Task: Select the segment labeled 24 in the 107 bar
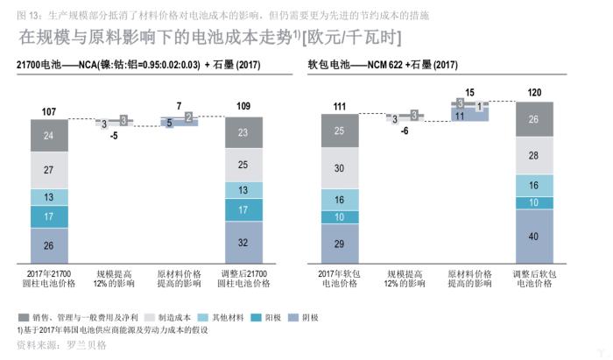pos(49,136)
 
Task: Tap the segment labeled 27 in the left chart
pos(49,170)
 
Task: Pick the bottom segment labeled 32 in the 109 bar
pos(243,243)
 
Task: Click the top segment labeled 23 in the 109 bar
pos(243,133)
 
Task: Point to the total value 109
pos(243,106)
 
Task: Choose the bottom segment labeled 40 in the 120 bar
pos(534,236)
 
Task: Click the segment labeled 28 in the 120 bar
pos(534,154)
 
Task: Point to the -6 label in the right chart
pos(404,131)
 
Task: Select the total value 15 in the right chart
pos(470,91)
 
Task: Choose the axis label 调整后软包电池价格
pos(534,279)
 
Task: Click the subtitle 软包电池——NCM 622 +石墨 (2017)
pos(383,65)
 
